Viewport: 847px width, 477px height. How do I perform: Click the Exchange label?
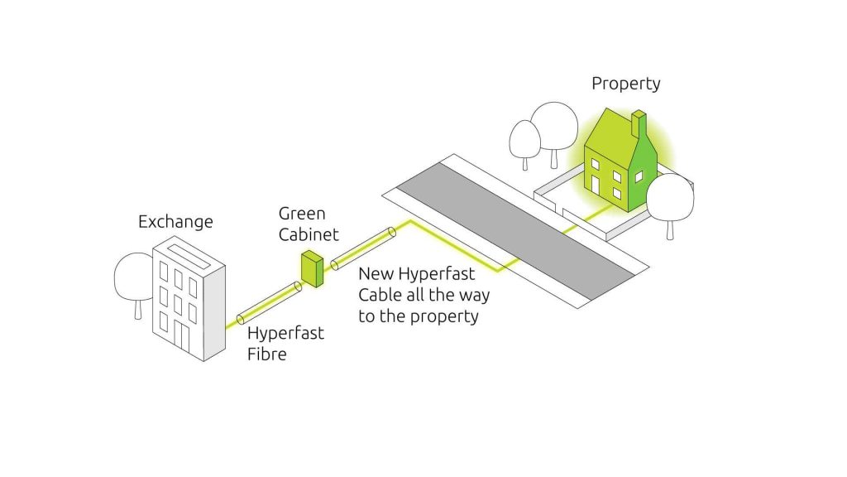coord(175,222)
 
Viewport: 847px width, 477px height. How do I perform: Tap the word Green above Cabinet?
coord(302,214)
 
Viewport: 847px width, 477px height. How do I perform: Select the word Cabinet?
coord(309,234)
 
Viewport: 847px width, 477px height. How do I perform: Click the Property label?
coord(626,84)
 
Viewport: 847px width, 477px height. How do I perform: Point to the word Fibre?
coord(267,354)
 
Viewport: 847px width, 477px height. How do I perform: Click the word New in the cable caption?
coord(376,273)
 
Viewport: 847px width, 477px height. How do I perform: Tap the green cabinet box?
coord(312,268)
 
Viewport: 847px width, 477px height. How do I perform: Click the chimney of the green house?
coord(639,124)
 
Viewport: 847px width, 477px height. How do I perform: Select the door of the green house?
coord(596,185)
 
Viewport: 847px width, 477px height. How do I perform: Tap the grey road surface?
coord(515,231)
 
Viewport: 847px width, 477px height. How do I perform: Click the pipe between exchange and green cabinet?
coord(269,303)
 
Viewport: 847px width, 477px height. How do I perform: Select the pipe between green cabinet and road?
coord(363,248)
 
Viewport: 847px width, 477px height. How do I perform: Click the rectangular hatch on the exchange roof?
coord(189,257)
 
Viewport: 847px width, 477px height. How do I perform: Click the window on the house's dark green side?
coord(639,177)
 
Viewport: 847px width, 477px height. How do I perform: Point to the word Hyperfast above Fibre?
coord(285,333)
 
